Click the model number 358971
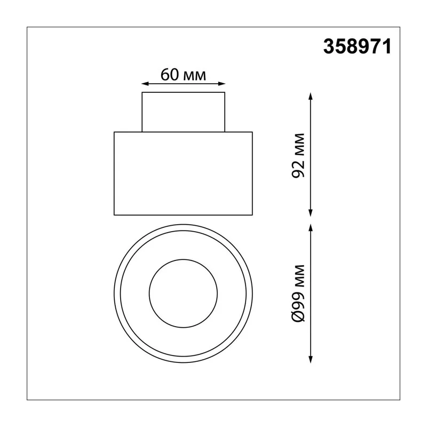point(357,46)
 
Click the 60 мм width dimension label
point(183,75)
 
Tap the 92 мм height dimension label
point(298,155)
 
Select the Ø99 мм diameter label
point(298,293)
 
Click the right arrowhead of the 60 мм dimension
point(222,84)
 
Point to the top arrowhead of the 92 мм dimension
point(310,97)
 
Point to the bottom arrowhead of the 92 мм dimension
point(310,212)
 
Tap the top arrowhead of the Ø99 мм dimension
point(310,228)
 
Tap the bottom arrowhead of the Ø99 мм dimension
point(310,359)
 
